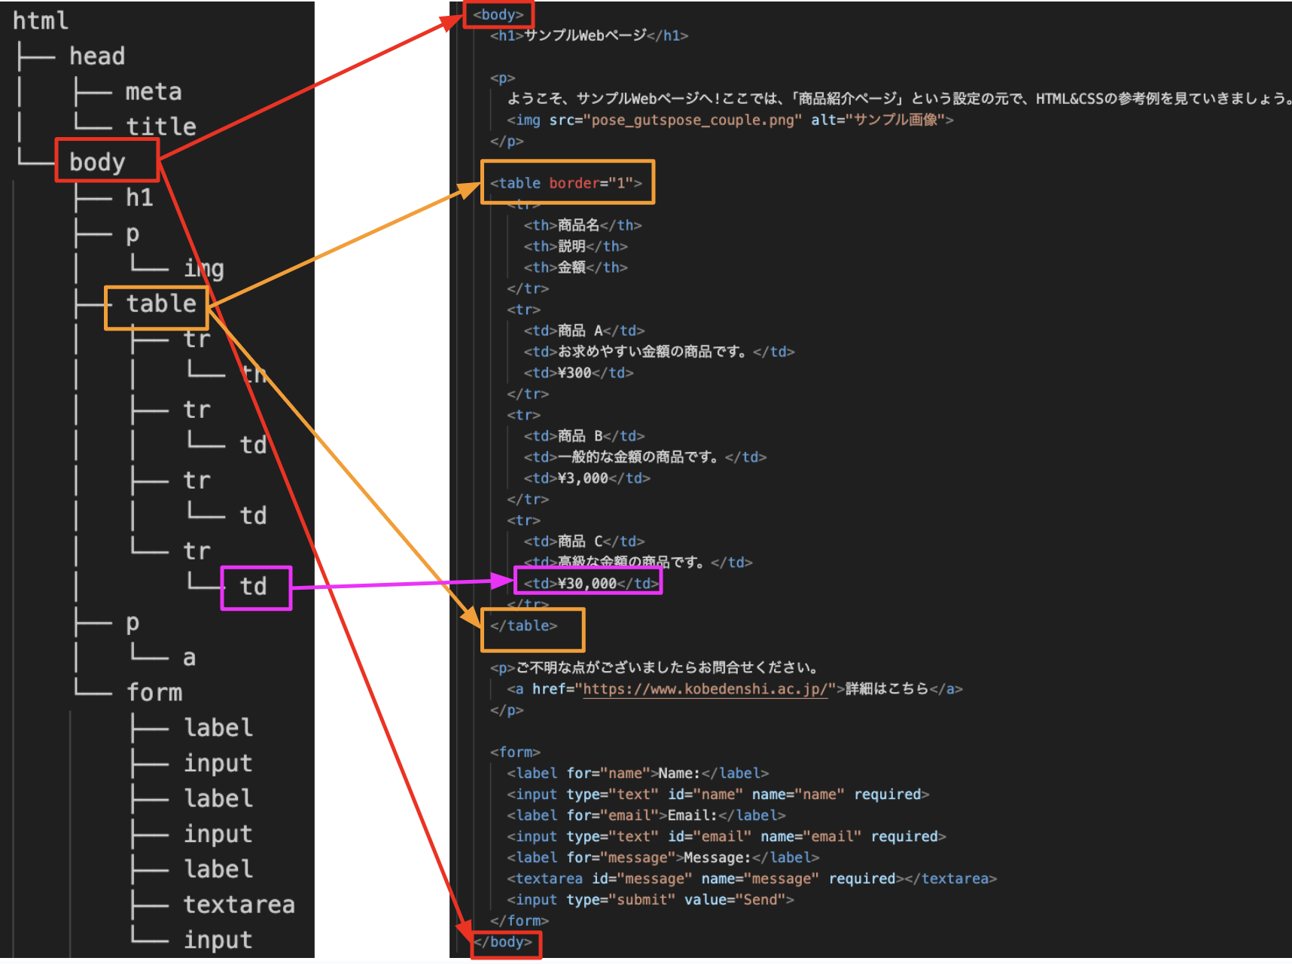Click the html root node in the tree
pos(41,21)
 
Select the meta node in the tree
pos(154,92)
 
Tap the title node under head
pos(160,127)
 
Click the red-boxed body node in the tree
pos(98,162)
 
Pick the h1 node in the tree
pos(139,197)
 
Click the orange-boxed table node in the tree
pos(160,304)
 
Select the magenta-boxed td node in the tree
pos(254,587)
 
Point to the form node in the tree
pos(154,692)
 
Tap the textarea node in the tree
pos(239,905)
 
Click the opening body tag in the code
pos(498,15)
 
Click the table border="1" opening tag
pos(566,183)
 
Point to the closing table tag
pos(524,626)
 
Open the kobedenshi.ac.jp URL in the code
pos(705,689)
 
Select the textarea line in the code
pos(751,879)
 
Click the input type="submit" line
pos(650,900)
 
